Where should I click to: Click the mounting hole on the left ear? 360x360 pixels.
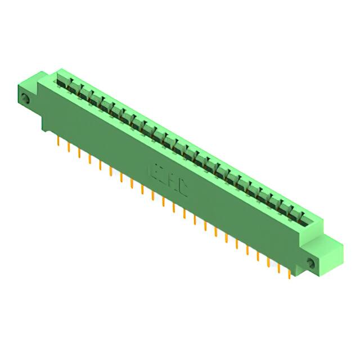[x=25, y=100]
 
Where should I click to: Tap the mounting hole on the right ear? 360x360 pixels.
[x=310, y=262]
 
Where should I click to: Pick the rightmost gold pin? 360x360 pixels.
[x=290, y=272]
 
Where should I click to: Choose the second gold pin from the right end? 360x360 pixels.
[x=280, y=267]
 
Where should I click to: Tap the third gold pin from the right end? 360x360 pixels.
[x=269, y=260]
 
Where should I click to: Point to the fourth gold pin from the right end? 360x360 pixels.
[x=258, y=254]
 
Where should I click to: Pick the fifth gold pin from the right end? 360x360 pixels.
[x=247, y=248]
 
